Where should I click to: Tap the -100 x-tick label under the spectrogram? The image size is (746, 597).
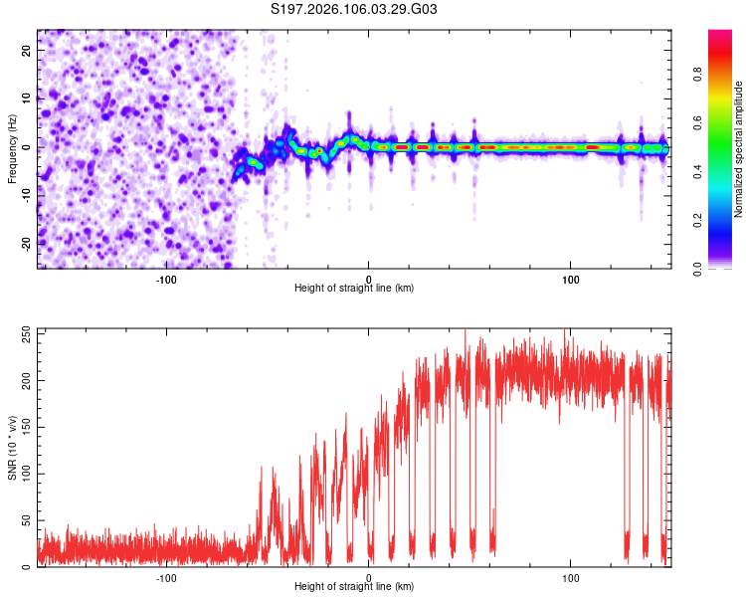[166, 278]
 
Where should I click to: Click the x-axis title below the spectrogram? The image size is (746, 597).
[354, 288]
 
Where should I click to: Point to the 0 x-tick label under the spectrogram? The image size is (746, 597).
[369, 278]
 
